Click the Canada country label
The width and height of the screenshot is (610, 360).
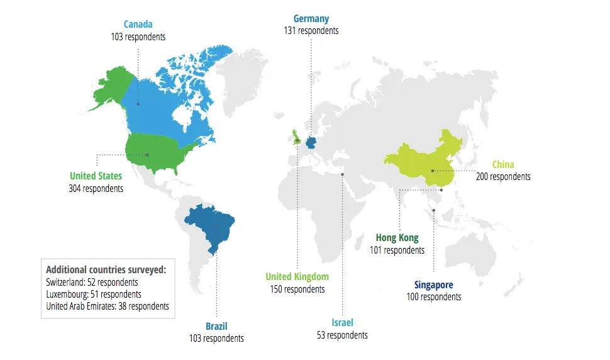[137, 25]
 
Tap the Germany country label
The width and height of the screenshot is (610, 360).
[311, 19]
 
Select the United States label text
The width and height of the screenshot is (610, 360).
[96, 176]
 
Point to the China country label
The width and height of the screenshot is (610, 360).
[502, 165]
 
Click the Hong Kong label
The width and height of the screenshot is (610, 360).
[397, 238]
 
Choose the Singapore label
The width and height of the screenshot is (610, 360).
[433, 285]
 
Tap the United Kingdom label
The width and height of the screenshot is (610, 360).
[297, 277]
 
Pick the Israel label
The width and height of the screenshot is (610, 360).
[342, 323]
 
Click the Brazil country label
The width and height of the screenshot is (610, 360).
[216, 326]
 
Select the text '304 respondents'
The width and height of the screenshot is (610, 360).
[96, 188]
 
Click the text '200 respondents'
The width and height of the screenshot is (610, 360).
[502, 177]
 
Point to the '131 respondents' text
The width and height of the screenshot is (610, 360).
[311, 31]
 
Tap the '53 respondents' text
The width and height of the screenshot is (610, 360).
[342, 335]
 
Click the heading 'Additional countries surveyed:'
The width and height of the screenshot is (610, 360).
[106, 269]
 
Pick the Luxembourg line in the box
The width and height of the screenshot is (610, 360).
[94, 294]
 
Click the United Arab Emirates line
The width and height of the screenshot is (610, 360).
[108, 307]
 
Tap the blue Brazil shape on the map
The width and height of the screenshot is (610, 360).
[211, 223]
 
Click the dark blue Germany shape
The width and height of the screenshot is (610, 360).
[311, 142]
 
